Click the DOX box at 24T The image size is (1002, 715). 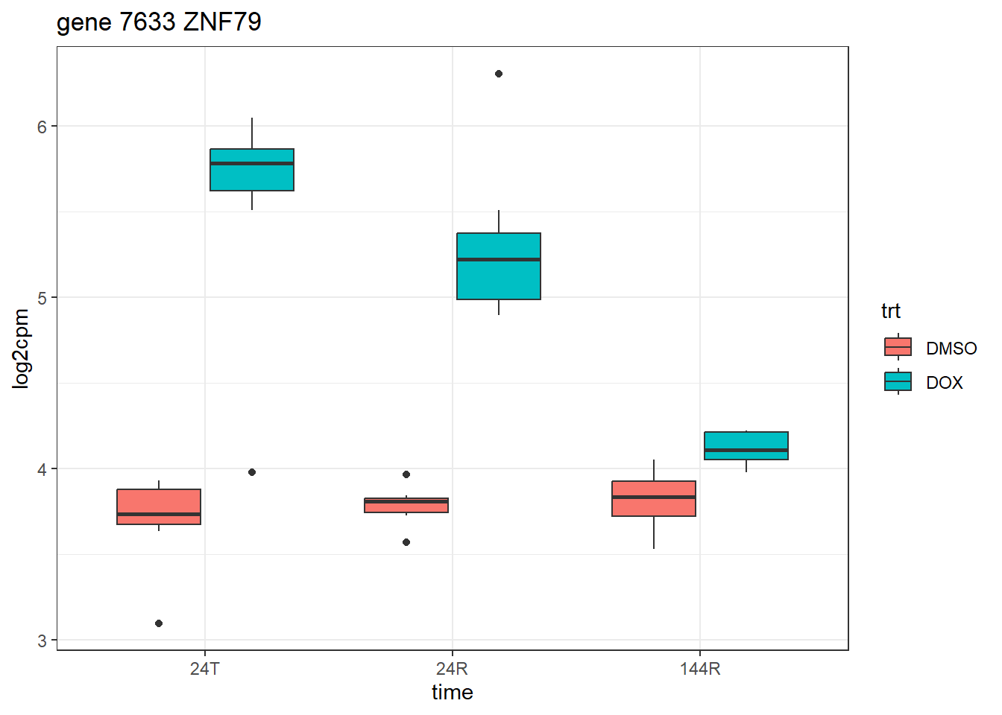(252, 170)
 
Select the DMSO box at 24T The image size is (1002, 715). (159, 507)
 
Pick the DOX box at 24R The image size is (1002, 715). (499, 266)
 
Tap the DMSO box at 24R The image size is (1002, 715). (406, 505)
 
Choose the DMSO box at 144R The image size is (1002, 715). (654, 498)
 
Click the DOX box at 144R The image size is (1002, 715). (746, 445)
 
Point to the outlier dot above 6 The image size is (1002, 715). (499, 74)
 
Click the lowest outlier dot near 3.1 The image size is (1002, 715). (159, 623)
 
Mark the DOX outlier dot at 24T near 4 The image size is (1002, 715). (252, 472)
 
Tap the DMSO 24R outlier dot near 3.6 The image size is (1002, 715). (406, 542)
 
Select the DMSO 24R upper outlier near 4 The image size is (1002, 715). (406, 474)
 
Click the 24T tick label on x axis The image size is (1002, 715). (205, 669)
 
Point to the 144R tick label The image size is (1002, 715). (700, 669)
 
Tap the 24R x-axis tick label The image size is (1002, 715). (453, 669)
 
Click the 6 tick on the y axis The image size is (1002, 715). (42, 127)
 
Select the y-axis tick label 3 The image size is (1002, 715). (42, 641)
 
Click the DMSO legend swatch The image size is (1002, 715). (898, 347)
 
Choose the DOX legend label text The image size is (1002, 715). (944, 383)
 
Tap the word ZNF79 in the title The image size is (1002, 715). (222, 22)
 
